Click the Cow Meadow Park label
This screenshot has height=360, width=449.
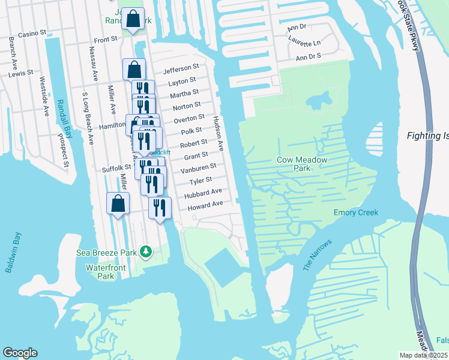click(302, 164)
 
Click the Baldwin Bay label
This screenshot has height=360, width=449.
click(13, 253)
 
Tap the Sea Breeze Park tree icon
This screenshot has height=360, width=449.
click(145, 252)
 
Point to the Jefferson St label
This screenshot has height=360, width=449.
click(181, 68)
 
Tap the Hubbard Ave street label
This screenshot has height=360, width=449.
click(203, 193)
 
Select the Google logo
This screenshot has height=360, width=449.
click(20, 353)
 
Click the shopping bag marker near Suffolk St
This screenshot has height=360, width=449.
click(118, 203)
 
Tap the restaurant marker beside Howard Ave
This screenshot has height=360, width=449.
click(160, 208)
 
